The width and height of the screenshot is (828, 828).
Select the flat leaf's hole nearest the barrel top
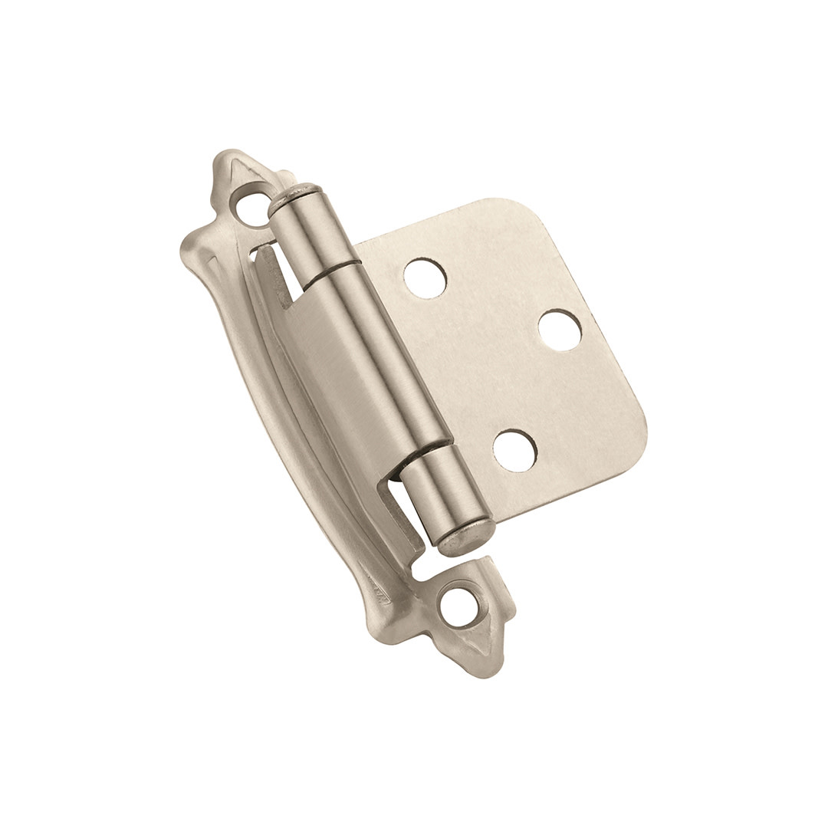(425, 278)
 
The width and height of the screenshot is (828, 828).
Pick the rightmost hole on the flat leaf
(560, 330)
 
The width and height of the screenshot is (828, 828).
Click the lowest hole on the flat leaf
(514, 451)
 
